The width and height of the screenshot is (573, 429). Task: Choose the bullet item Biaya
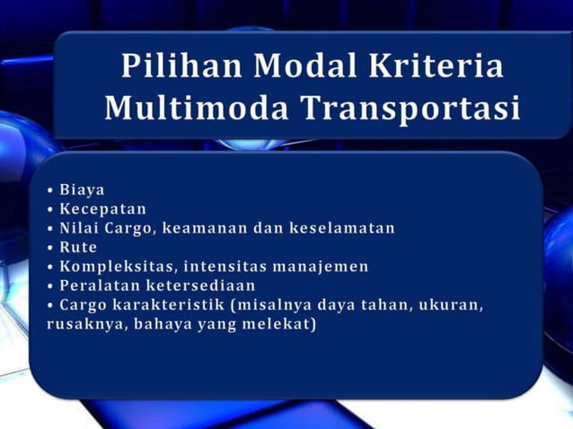pos(82,189)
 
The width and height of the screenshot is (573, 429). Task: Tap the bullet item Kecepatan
pos(103,208)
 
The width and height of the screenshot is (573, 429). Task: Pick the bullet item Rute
pos(78,247)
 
